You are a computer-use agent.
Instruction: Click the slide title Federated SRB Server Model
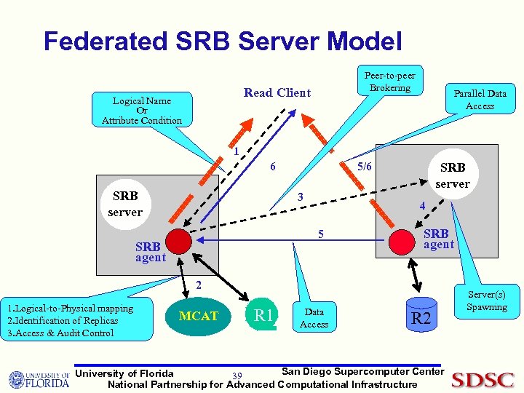(x=222, y=41)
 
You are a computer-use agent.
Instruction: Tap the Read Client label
(x=277, y=92)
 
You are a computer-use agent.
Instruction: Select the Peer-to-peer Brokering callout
(x=389, y=82)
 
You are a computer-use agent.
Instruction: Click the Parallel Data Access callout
(x=480, y=100)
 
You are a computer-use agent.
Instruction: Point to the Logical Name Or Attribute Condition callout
(x=142, y=111)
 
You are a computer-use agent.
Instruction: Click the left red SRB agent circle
(x=178, y=241)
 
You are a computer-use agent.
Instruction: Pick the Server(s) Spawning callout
(x=486, y=301)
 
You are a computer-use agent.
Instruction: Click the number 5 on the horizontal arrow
(x=319, y=234)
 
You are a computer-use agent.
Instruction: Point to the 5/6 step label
(x=364, y=167)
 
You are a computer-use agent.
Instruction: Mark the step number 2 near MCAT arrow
(x=197, y=284)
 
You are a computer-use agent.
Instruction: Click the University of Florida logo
(x=39, y=379)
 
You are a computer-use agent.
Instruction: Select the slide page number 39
(x=237, y=376)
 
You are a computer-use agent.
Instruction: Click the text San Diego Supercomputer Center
(x=362, y=371)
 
